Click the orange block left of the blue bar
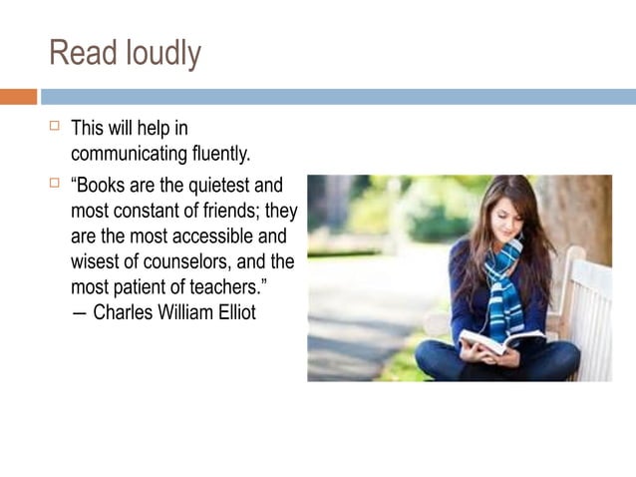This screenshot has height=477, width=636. pos(18,97)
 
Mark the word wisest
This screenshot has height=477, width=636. pos(100,263)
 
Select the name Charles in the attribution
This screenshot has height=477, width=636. pos(125,313)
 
